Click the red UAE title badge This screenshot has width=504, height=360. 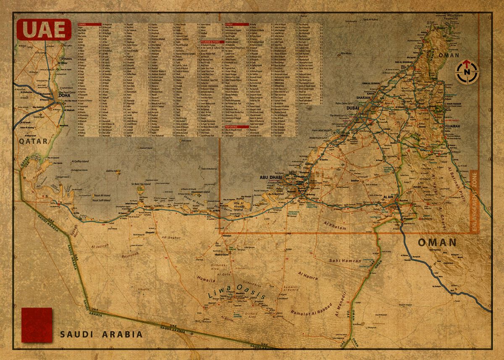pyautogui.click(x=44, y=29)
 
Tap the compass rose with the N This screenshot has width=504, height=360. pyautogui.click(x=467, y=71)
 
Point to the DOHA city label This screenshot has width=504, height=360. pyautogui.click(x=64, y=95)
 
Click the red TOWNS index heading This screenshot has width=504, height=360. pyautogui.click(x=89, y=25)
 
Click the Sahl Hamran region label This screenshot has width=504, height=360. pyautogui.click(x=345, y=261)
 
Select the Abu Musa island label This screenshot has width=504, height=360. pyautogui.click(x=346, y=54)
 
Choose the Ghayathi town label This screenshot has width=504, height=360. pyautogui.click(x=150, y=232)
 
